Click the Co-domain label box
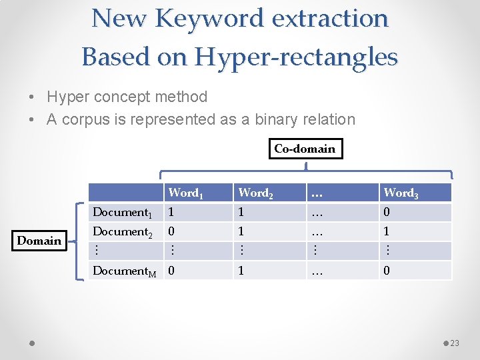305,149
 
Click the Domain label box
39,241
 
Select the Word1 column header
185,193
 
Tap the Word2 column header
254,193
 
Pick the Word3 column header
400,193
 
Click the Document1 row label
123,213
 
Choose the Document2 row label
123,232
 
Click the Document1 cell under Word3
387,213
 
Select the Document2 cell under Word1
172,232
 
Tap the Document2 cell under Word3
387,232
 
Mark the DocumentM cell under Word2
242,271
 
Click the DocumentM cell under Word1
172,271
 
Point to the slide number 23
455,343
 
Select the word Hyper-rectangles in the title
296,57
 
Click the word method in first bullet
181,97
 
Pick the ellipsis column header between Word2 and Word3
317,193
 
